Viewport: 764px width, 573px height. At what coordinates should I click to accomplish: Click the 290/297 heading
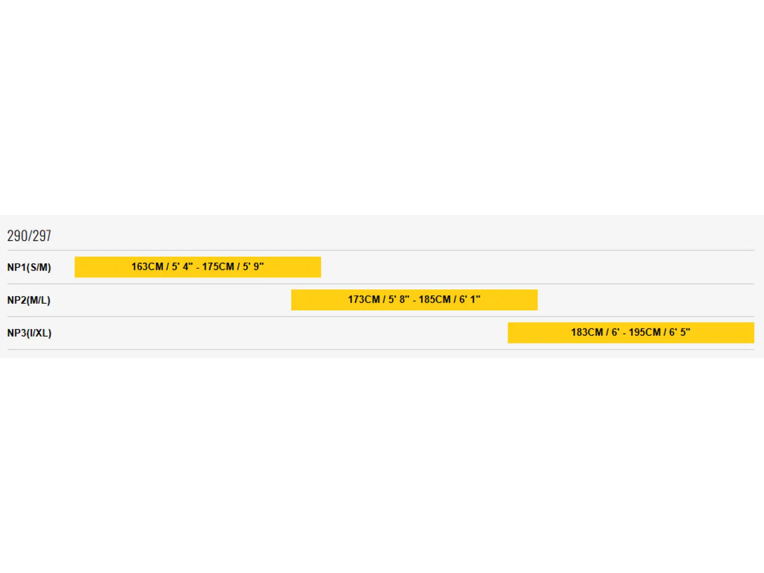(x=29, y=236)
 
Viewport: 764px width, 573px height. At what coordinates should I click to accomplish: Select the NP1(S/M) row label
(x=29, y=267)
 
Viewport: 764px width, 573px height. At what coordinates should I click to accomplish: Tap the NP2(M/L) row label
(x=29, y=300)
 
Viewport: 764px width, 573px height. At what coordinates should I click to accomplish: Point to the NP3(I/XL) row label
(x=29, y=333)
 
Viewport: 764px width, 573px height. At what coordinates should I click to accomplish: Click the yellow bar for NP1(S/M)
(x=198, y=267)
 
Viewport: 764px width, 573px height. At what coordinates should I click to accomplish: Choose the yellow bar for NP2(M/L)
(x=414, y=299)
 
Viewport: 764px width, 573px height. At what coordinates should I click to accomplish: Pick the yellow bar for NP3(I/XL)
(x=631, y=333)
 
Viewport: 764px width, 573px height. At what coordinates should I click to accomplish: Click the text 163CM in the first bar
(x=147, y=266)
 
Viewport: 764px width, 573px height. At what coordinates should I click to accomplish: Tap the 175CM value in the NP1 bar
(x=218, y=266)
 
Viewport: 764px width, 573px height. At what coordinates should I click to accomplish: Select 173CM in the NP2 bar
(x=364, y=299)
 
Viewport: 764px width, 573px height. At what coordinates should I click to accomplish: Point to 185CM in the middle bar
(x=435, y=299)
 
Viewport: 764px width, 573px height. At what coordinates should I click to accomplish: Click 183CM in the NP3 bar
(x=587, y=332)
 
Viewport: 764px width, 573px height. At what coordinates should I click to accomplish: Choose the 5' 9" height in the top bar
(x=254, y=266)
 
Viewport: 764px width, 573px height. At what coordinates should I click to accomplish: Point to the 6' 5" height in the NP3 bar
(x=680, y=332)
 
